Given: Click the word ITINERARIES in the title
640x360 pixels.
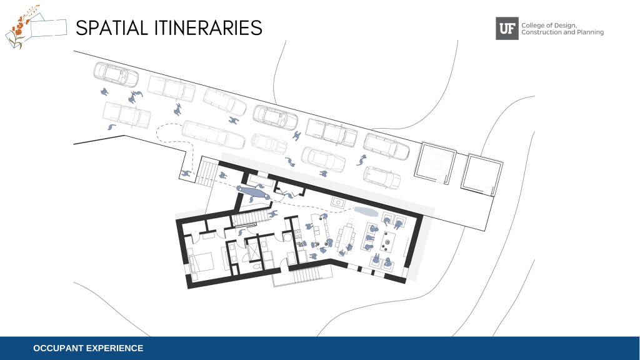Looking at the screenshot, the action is pyautogui.click(x=208, y=27).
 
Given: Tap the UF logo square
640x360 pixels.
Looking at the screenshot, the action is pyautogui.click(x=507, y=29).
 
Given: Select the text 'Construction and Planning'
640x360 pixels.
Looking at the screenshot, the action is pyautogui.click(x=562, y=32).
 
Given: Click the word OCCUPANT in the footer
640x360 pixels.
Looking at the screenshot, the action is pyautogui.click(x=58, y=348).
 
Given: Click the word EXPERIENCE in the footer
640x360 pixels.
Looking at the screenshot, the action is pyautogui.click(x=115, y=348).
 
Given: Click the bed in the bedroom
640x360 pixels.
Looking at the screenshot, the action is pyautogui.click(x=201, y=261).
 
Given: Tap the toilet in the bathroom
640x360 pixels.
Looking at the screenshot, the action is pyautogui.click(x=256, y=266).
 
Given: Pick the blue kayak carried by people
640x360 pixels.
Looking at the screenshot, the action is pyautogui.click(x=253, y=192).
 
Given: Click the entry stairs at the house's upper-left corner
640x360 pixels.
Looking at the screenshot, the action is pyautogui.click(x=206, y=172).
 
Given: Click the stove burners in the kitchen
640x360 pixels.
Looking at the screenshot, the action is pyautogui.click(x=297, y=234).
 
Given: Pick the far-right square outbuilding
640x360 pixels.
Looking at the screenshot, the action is pyautogui.click(x=482, y=174).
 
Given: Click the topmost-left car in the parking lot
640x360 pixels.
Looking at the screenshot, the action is pyautogui.click(x=116, y=74).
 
